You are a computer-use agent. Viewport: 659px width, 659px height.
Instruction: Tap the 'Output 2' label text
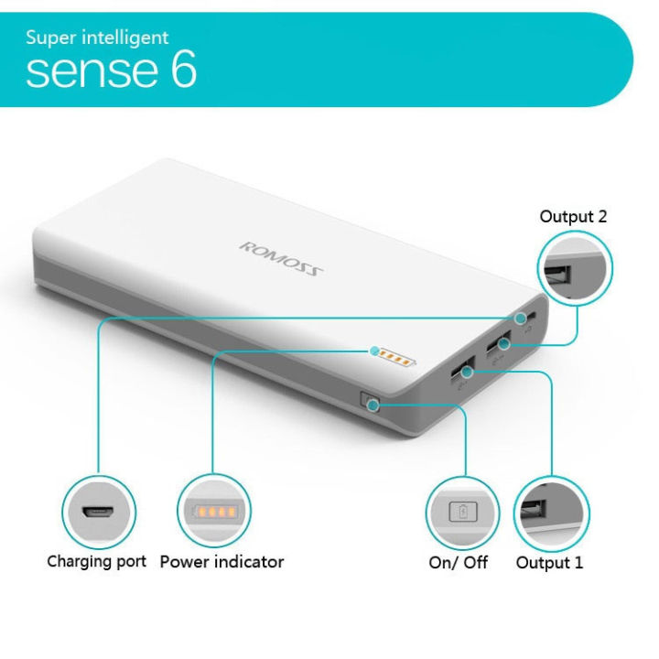tap(572, 217)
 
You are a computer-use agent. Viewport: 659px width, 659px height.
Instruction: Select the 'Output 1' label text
tap(549, 563)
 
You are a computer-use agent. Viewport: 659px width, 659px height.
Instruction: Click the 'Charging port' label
tap(96, 561)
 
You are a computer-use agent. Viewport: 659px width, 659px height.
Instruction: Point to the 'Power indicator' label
tap(221, 561)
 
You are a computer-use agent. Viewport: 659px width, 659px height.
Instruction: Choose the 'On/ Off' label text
tap(459, 563)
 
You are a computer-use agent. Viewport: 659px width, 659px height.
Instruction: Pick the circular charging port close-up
tap(99, 511)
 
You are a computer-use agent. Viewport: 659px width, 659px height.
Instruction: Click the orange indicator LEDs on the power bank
tap(389, 351)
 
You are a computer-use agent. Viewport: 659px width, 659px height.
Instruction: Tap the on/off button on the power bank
tap(372, 401)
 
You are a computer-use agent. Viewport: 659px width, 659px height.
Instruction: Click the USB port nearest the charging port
tap(500, 343)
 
